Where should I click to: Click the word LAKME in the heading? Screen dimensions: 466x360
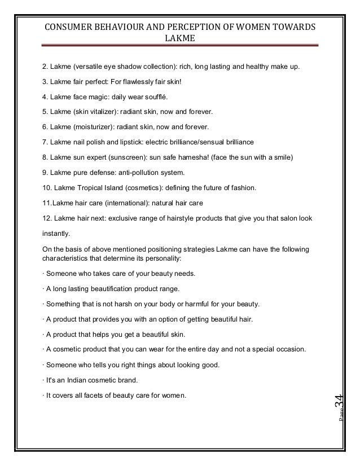pyautogui.click(x=178, y=39)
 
